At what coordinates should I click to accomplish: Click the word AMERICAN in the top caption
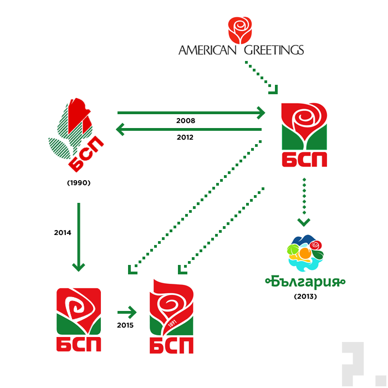pos(207,50)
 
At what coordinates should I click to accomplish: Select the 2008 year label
pos(186,120)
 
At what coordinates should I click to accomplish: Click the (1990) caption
pos(78,182)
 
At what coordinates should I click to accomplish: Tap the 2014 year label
pos(63,233)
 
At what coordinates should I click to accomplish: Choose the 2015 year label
pos(125,325)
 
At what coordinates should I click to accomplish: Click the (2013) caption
pos(305,297)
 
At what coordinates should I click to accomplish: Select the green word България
pos(305,282)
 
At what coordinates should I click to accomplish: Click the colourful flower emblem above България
pos(305,252)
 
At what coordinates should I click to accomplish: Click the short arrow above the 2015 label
pos(126,311)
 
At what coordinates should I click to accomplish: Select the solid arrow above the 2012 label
pos(188,130)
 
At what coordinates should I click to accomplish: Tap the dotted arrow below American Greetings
pos(261,77)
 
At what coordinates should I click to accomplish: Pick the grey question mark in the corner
pos(354,364)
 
